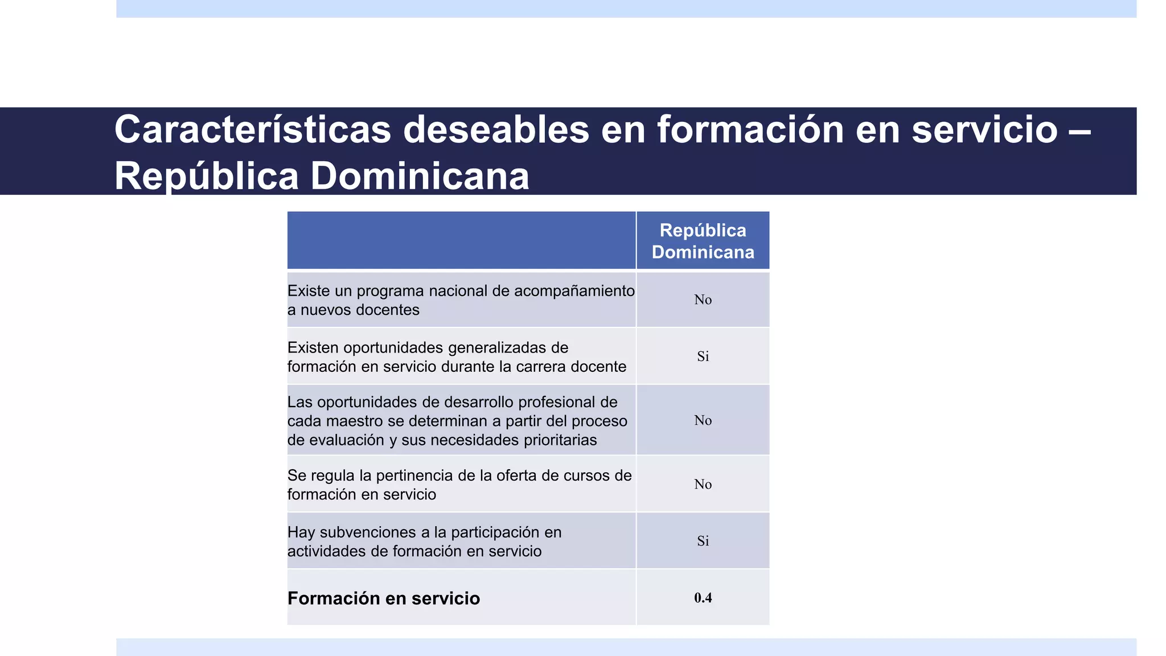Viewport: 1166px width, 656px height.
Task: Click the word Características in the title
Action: (x=253, y=130)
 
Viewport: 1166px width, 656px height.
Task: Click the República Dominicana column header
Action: (x=703, y=241)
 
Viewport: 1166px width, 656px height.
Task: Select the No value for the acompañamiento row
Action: (x=703, y=300)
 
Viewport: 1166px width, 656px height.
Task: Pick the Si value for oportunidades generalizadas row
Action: (x=703, y=356)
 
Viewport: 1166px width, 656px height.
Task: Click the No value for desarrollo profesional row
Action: (x=703, y=421)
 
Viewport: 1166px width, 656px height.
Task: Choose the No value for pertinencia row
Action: (x=703, y=485)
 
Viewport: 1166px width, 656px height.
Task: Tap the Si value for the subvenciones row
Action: (x=703, y=541)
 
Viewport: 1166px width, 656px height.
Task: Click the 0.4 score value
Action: (x=703, y=598)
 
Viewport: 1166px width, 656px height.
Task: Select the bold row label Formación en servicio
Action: (x=383, y=598)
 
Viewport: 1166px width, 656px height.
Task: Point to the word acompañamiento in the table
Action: (x=574, y=291)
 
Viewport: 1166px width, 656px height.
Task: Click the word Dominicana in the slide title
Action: (x=420, y=177)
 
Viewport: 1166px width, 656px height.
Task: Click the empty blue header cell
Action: (x=461, y=240)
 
